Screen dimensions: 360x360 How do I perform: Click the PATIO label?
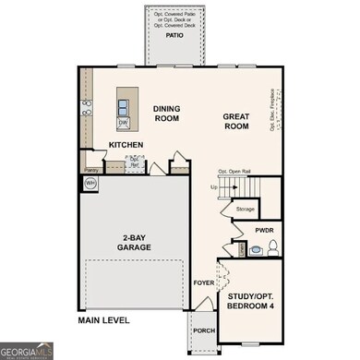(x=174, y=37)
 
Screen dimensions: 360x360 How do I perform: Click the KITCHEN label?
(x=126, y=146)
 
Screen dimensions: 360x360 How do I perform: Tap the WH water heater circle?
(x=91, y=185)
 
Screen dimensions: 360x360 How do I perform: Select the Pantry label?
(x=90, y=170)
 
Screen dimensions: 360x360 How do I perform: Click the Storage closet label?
(x=245, y=209)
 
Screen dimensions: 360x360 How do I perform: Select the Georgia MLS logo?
(x=27, y=350)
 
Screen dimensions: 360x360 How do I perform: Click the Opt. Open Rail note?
(x=235, y=172)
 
